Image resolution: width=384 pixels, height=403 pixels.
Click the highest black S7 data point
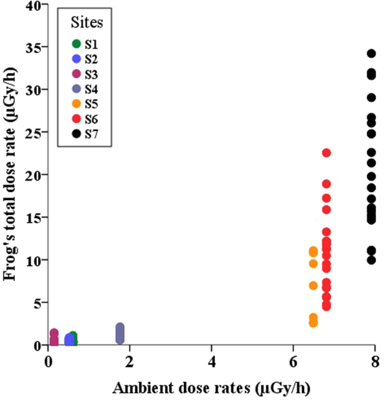click(371, 54)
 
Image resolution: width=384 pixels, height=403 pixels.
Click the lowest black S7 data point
click(371, 260)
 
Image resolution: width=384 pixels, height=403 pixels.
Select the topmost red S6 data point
click(326, 153)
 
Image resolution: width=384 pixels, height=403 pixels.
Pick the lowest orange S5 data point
click(313, 323)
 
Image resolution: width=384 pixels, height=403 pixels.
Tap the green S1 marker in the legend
click(76, 45)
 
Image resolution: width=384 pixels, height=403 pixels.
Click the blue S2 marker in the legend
click(76, 60)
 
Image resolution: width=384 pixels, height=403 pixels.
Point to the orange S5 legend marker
click(76, 104)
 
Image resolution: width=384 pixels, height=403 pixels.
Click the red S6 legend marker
click(76, 119)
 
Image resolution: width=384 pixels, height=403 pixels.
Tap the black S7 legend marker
click(76, 134)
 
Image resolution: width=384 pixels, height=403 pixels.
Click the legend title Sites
click(87, 23)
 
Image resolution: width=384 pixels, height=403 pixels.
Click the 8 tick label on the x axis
click(375, 358)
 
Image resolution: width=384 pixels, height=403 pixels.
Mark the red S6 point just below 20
click(326, 184)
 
